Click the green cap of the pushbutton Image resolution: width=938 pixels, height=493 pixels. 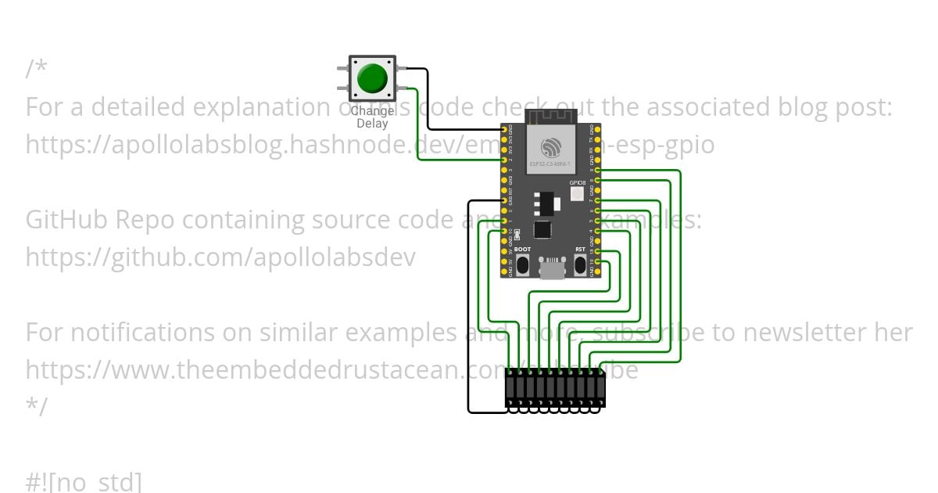[x=371, y=78]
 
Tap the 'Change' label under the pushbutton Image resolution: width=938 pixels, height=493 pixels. [x=372, y=111]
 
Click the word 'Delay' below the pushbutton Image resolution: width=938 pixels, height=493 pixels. [x=372, y=123]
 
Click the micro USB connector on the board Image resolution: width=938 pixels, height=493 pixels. [x=553, y=268]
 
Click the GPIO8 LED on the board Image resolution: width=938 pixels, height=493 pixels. [x=577, y=193]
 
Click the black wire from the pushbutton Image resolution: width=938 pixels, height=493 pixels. [x=428, y=102]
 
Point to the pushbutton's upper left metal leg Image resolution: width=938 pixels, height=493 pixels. [x=342, y=69]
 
